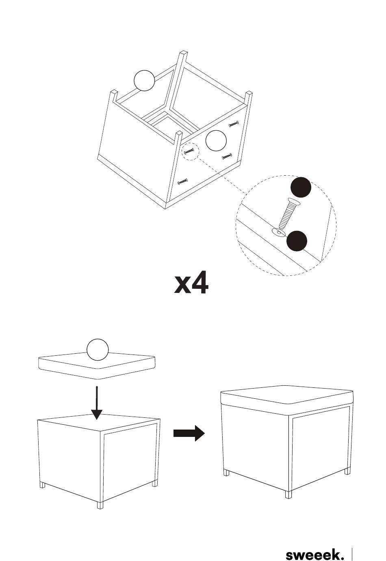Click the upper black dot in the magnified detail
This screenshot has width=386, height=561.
pyautogui.click(x=301, y=188)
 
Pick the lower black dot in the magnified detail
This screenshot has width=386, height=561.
pyautogui.click(x=297, y=241)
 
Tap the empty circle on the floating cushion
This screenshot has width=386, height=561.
pyautogui.click(x=98, y=350)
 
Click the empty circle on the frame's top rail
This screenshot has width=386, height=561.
pyautogui.click(x=144, y=80)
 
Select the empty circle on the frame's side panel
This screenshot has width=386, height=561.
pyautogui.click(x=216, y=141)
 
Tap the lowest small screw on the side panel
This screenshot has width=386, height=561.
pyautogui.click(x=183, y=181)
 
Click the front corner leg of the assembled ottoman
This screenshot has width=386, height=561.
pyautogui.click(x=288, y=494)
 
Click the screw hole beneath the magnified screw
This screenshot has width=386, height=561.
pyautogui.click(x=278, y=232)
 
